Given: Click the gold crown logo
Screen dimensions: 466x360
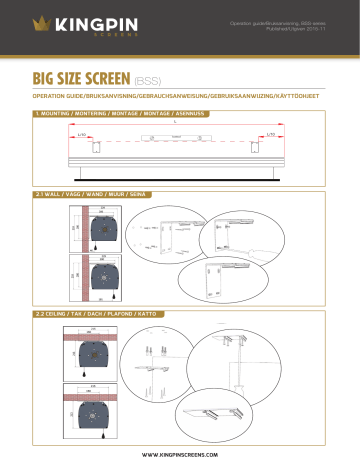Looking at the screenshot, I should (42, 23).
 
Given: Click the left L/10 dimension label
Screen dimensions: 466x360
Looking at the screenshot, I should (83, 135).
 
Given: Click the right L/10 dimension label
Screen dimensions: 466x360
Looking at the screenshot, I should (272, 135).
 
